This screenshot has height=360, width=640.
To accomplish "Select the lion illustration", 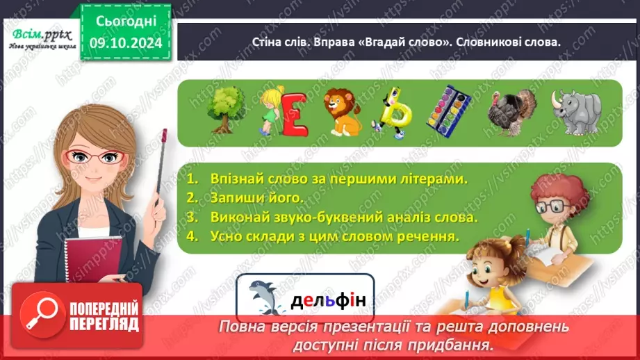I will click(x=342, y=111).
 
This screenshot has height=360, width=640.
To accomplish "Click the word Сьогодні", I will click(x=126, y=22).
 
